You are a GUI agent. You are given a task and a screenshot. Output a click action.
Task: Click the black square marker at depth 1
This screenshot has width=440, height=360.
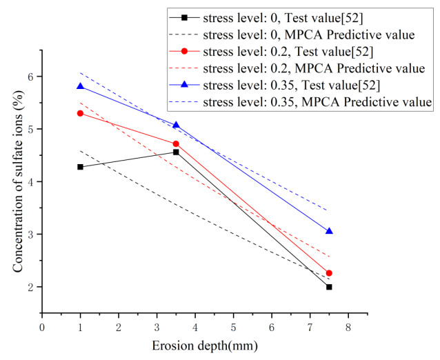tap(81, 167)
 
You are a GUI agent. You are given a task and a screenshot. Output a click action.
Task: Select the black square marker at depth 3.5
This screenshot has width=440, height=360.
tap(176, 152)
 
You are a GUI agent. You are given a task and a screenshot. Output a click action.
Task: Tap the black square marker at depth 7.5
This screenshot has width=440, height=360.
tap(329, 287)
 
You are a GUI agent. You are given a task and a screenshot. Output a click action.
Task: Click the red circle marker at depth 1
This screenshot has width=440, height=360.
tap(81, 113)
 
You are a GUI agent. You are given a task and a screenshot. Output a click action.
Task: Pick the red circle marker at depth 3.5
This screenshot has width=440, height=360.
tap(176, 143)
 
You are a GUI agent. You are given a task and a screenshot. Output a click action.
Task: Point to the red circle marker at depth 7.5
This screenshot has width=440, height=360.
tap(329, 273)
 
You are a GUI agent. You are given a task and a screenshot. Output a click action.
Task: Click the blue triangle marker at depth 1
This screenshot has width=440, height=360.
tap(81, 86)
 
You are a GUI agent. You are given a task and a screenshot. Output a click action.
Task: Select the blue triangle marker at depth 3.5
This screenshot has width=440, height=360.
tap(176, 125)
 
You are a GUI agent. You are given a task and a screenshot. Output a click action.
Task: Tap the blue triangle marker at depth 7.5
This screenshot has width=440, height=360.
tap(329, 231)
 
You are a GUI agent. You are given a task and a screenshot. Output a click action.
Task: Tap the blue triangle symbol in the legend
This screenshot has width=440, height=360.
tap(186, 85)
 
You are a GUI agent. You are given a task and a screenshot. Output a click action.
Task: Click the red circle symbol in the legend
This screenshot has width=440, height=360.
tap(186, 50)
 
